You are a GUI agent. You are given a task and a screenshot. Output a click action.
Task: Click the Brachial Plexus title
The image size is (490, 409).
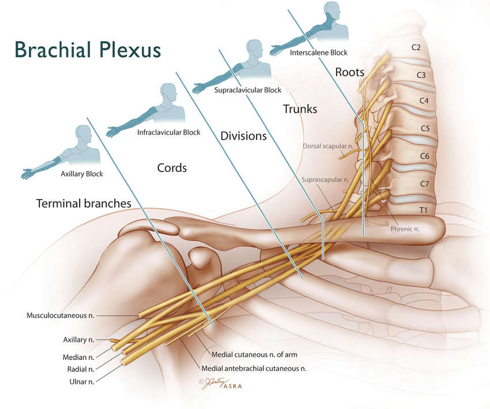[88, 50]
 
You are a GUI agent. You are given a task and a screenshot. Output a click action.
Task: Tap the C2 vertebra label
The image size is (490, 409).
[416, 47]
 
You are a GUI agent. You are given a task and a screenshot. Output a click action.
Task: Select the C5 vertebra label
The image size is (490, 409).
[424, 128]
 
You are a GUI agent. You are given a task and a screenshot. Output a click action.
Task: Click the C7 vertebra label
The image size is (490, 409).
[424, 183]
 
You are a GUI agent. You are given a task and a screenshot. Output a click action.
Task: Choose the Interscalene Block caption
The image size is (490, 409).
[319, 52]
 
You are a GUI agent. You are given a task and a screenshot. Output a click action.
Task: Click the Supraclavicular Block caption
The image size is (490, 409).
[248, 90]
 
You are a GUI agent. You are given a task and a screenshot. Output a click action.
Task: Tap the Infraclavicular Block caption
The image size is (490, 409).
[169, 132]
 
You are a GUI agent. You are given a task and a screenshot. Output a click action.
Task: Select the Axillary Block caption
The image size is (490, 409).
[82, 174]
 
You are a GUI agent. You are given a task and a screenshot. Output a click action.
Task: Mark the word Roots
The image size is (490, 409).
[349, 72]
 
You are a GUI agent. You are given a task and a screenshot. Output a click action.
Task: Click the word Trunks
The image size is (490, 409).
[300, 108]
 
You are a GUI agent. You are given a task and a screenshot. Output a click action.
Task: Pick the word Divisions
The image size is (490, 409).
[243, 137]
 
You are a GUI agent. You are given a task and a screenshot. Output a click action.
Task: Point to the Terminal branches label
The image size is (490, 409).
[84, 204]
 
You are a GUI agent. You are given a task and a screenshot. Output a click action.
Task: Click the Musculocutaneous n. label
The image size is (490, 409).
[61, 316]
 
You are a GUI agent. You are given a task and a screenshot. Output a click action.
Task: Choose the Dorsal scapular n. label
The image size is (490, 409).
[327, 146]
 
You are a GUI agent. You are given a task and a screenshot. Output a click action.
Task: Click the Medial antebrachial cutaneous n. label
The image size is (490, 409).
[254, 368]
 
